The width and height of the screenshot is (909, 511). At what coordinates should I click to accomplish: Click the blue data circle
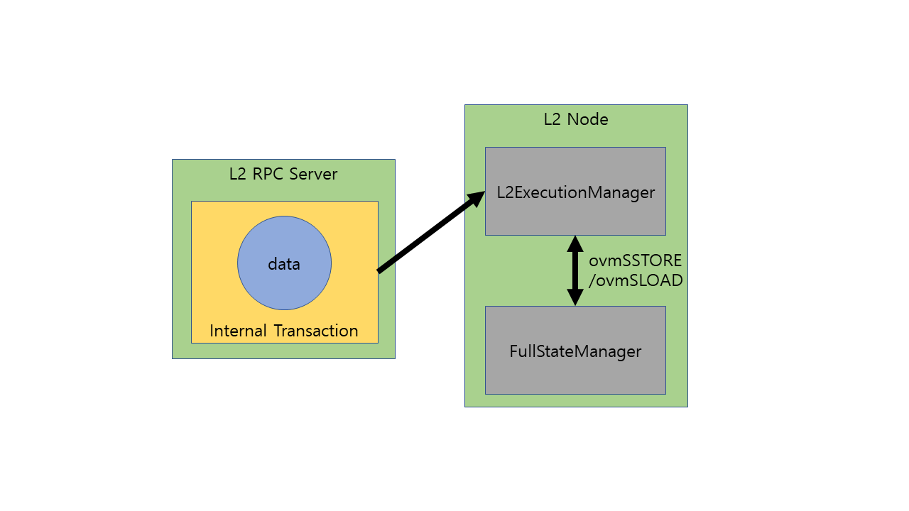coord(284,263)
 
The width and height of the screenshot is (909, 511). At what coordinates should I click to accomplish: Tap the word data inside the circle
coord(284,264)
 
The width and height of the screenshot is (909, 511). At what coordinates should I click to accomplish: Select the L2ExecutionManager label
coord(575,192)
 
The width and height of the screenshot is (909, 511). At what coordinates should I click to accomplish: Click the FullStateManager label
coord(575,351)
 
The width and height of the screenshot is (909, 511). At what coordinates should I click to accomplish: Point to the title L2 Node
coord(576,119)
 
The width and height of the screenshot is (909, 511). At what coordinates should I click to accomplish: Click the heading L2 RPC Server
coord(283,174)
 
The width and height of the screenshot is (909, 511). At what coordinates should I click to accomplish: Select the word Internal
coord(238,331)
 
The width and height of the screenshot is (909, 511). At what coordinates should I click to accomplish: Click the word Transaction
coord(316,331)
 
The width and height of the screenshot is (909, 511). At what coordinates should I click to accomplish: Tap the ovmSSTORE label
coord(635,260)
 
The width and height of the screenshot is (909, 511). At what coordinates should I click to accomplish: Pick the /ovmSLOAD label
coord(636,280)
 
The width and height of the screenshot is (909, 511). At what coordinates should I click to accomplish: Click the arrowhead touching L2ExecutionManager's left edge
coord(477,199)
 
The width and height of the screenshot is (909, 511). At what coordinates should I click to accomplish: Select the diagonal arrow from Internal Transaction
coord(431,231)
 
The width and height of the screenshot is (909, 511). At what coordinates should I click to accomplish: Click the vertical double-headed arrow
coord(575,270)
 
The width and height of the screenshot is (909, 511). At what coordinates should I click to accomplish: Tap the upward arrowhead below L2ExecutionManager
coord(575,243)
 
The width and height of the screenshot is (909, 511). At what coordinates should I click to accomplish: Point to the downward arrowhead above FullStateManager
coord(575,297)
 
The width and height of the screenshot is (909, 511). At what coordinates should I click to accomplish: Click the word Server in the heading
coord(313,174)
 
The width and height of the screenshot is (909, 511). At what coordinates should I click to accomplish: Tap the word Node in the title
coord(587,119)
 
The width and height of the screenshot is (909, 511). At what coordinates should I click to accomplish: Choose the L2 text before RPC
coord(237,174)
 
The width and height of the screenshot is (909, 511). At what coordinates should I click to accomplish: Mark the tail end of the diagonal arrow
coord(379,271)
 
